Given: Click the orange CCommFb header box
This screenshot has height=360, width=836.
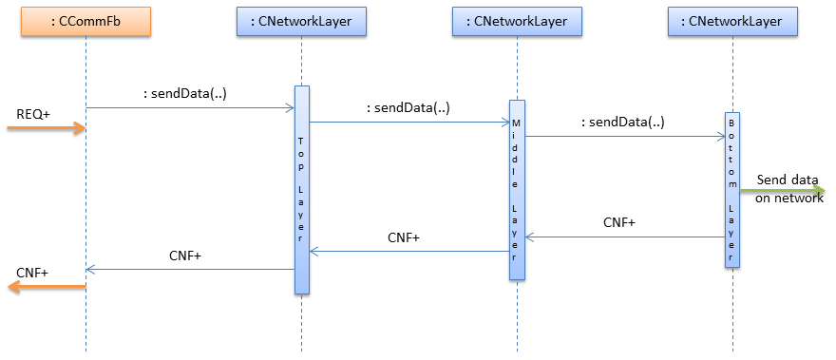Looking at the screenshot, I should coord(85,22).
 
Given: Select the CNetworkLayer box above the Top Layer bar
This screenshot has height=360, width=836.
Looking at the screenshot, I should coord(300,22).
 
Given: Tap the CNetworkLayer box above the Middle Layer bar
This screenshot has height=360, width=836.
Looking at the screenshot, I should coord(516,22).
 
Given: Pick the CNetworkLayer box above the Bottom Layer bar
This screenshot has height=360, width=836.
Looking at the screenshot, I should coord(731,22).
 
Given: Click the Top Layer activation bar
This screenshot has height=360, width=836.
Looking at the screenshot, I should coord(301,190).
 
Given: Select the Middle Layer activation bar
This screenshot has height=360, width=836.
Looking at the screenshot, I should coord(517,190).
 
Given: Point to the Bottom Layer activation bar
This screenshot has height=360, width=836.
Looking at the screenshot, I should coord(731,190).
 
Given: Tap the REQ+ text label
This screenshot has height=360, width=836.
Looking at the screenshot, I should coord(33,114).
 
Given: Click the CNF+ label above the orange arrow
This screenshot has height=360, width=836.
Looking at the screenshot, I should coord(33,273).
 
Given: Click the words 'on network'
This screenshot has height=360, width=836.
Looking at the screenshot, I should coord(789,198).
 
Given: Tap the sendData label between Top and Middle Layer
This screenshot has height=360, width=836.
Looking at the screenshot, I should coord(408,107).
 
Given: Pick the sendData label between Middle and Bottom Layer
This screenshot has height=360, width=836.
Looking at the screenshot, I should coord(623,122).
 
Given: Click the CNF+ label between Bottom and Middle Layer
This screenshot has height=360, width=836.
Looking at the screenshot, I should coord(619,222).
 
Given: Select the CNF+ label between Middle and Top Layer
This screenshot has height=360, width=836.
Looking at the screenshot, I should coord(404,237).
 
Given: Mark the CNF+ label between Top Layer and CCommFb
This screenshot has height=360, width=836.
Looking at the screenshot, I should coord(185,255).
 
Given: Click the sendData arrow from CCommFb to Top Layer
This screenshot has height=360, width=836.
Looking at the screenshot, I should coord(190,108).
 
